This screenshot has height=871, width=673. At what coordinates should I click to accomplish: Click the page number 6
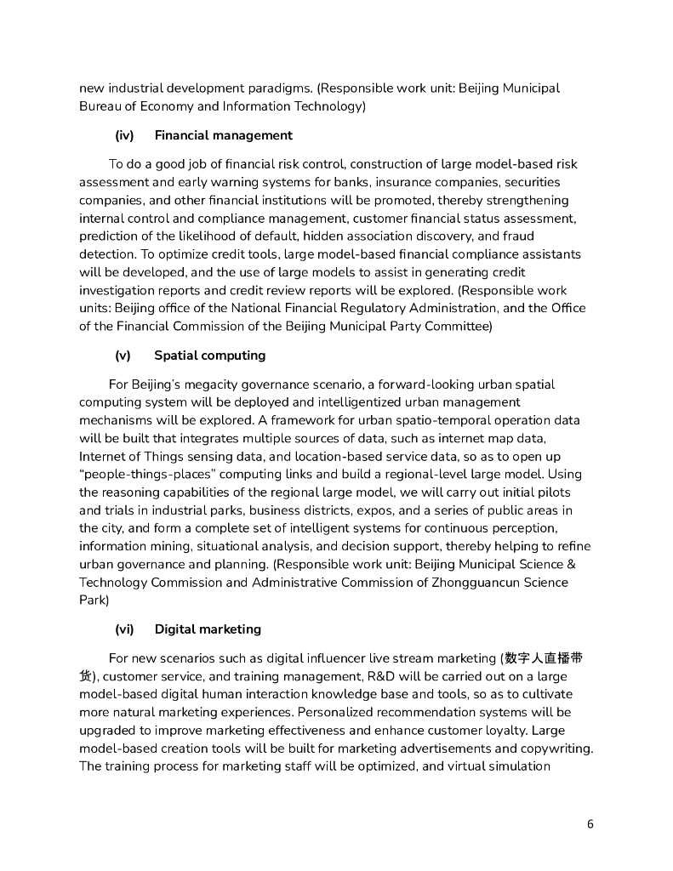point(590,824)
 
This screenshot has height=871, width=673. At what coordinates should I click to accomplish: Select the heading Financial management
point(223,135)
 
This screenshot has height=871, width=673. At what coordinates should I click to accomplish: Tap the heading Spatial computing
point(209,356)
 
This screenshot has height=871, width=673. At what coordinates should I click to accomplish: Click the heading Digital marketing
point(208,629)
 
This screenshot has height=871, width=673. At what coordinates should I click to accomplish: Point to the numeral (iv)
point(124,135)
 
